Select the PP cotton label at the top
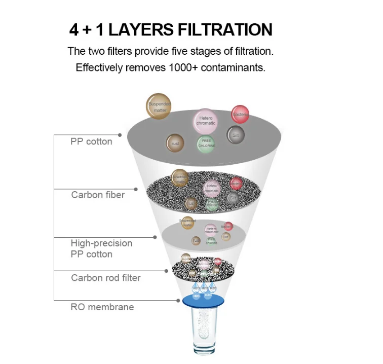pos(91,141)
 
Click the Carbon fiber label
pos(98,195)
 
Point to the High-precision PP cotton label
pos(101,248)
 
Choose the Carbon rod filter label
pos(105,278)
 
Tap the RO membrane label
pos(102,307)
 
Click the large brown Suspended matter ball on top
pos(158,105)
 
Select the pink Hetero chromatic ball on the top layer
pos(206,121)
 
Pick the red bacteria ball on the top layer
pos(241,114)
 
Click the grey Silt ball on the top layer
pos(236,135)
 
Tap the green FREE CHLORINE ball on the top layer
pos(206,143)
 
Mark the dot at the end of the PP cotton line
pos(120,135)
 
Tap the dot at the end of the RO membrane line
pos(178,300)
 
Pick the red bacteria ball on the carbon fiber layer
pos(236,184)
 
